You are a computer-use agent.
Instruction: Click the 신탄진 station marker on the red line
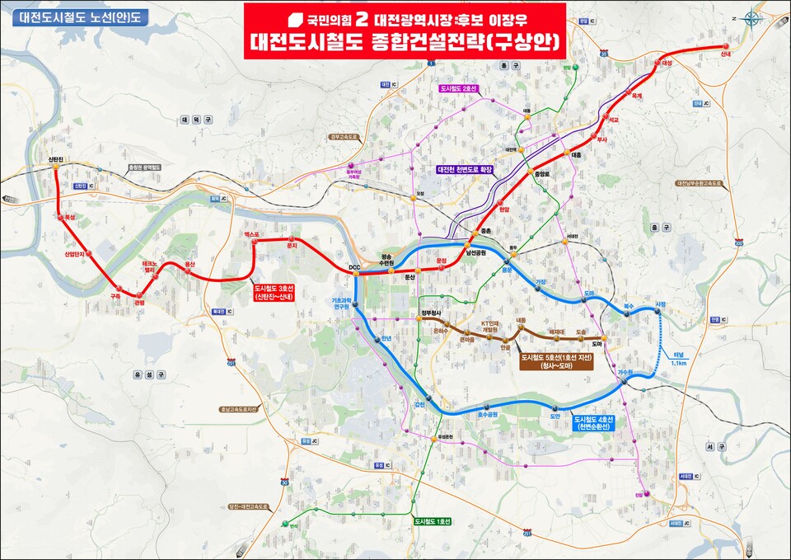[x=55, y=166]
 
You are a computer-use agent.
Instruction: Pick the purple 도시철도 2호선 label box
[x=459, y=88]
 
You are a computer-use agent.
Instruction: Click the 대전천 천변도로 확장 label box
[x=469, y=169]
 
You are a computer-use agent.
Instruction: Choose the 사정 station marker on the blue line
[x=658, y=311]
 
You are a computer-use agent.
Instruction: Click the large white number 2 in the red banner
[x=360, y=17]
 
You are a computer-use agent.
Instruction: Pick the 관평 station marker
[x=138, y=294]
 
